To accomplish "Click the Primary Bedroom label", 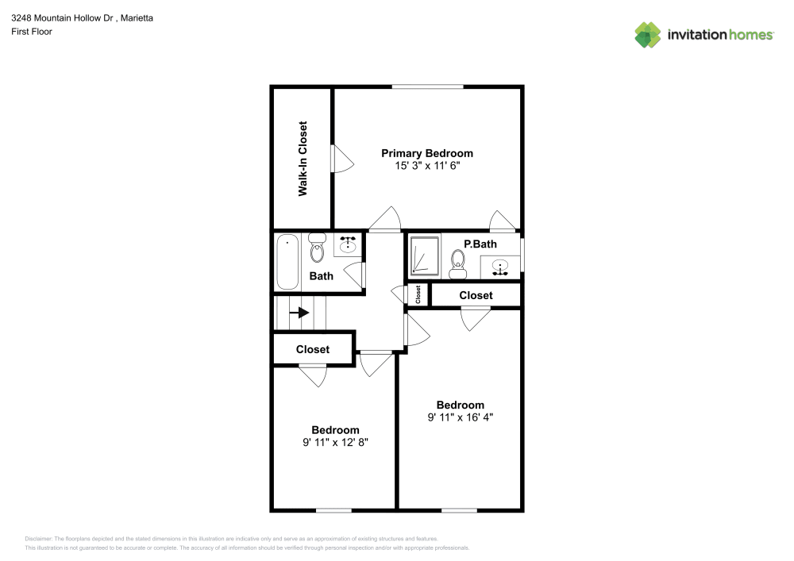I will pyautogui.click(x=427, y=153).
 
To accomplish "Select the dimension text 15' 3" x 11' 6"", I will pyautogui.click(x=427, y=167).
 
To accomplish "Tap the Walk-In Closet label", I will pyautogui.click(x=303, y=159).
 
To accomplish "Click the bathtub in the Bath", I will pyautogui.click(x=286, y=262).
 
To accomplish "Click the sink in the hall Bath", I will pyautogui.click(x=348, y=244).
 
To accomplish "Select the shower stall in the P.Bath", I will pyautogui.click(x=422, y=256).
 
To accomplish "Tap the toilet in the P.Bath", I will pyautogui.click(x=457, y=264).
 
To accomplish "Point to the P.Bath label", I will pyautogui.click(x=480, y=244).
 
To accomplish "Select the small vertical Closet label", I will pyautogui.click(x=418, y=294).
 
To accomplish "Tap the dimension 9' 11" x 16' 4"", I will pyautogui.click(x=461, y=417).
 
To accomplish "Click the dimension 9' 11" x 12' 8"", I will pyautogui.click(x=335, y=443).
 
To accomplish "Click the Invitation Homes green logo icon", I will pyautogui.click(x=647, y=35).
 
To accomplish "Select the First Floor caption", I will pyautogui.click(x=32, y=32).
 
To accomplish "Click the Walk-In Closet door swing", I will pyautogui.click(x=341, y=159).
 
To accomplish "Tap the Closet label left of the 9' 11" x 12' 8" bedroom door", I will pyautogui.click(x=313, y=349).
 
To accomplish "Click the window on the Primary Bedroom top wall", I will pyautogui.click(x=427, y=86).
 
